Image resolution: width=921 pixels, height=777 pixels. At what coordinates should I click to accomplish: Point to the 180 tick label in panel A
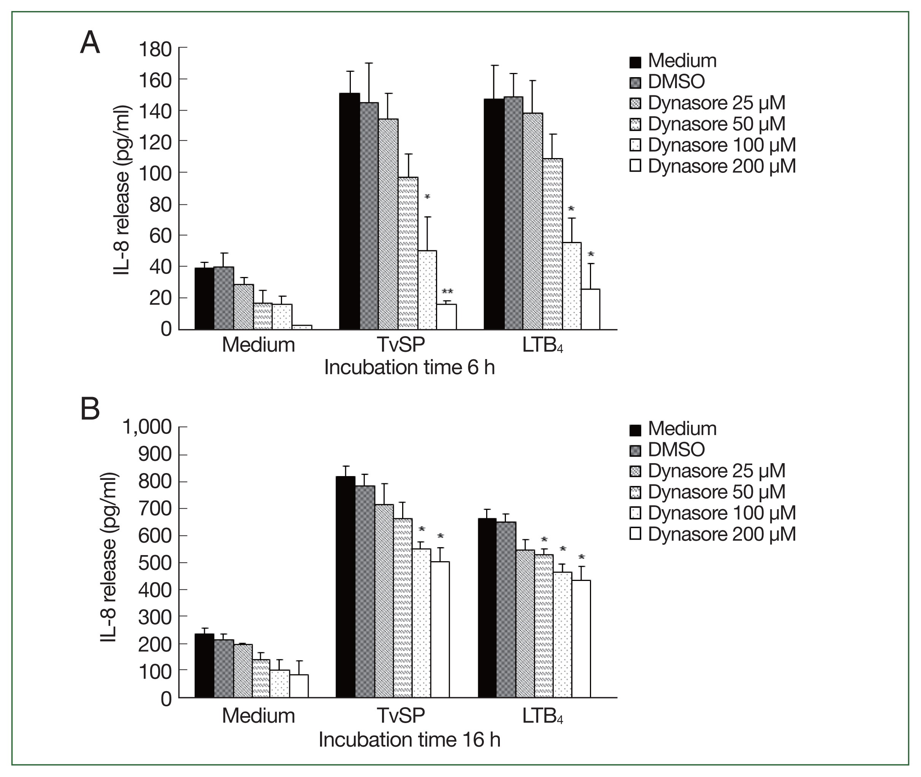155,49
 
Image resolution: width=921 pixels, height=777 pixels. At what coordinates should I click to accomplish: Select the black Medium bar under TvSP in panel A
349,211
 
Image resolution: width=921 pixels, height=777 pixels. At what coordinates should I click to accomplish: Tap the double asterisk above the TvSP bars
447,291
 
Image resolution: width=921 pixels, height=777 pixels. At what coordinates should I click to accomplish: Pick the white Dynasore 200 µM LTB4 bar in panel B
581,638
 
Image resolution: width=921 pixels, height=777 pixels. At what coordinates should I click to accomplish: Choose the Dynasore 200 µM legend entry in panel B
713,534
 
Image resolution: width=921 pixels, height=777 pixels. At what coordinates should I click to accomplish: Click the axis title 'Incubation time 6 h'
409,367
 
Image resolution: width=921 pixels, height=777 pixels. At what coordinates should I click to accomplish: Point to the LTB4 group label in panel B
542,716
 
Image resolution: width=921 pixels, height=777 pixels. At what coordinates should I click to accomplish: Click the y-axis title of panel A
122,190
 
